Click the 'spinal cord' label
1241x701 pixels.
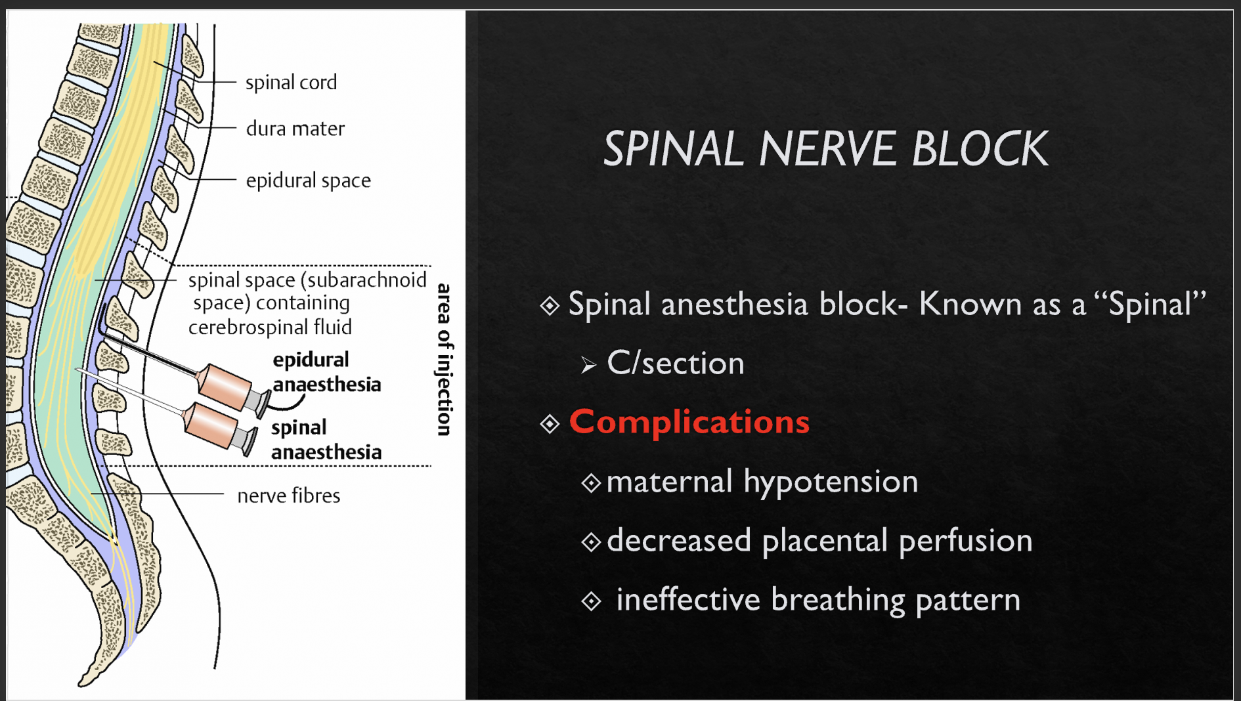click(x=291, y=83)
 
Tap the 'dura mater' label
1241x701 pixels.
click(x=295, y=129)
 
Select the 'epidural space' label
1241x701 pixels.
click(x=308, y=181)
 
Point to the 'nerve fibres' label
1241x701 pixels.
click(x=288, y=496)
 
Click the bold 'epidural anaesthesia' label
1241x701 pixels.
click(x=326, y=372)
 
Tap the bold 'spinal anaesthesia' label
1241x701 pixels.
click(x=326, y=440)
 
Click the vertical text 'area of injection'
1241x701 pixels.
click(x=445, y=359)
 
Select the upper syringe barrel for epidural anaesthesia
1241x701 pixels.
click(x=225, y=386)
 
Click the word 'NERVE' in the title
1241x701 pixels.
click(x=827, y=149)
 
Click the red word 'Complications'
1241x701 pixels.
click(x=689, y=421)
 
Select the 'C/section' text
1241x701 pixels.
click(x=675, y=363)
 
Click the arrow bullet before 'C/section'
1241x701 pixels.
click(x=588, y=365)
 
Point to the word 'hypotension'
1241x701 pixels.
click(x=830, y=482)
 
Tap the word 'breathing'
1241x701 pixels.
click(x=837, y=600)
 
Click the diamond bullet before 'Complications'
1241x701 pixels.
click(x=550, y=423)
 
